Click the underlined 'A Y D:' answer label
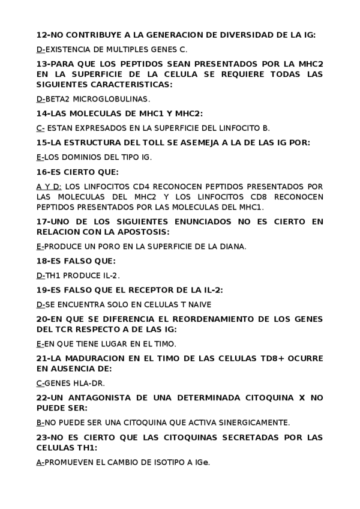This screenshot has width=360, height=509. [48, 186]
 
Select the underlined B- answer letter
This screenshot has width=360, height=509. [40, 422]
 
